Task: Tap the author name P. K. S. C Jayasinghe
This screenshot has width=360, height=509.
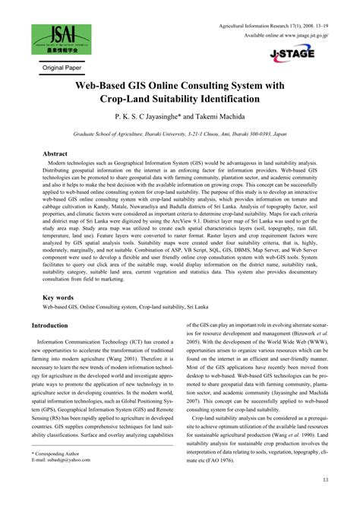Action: pyautogui.click(x=156, y=119)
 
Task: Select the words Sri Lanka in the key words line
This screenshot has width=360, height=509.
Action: pyautogui.click(x=223, y=308)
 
